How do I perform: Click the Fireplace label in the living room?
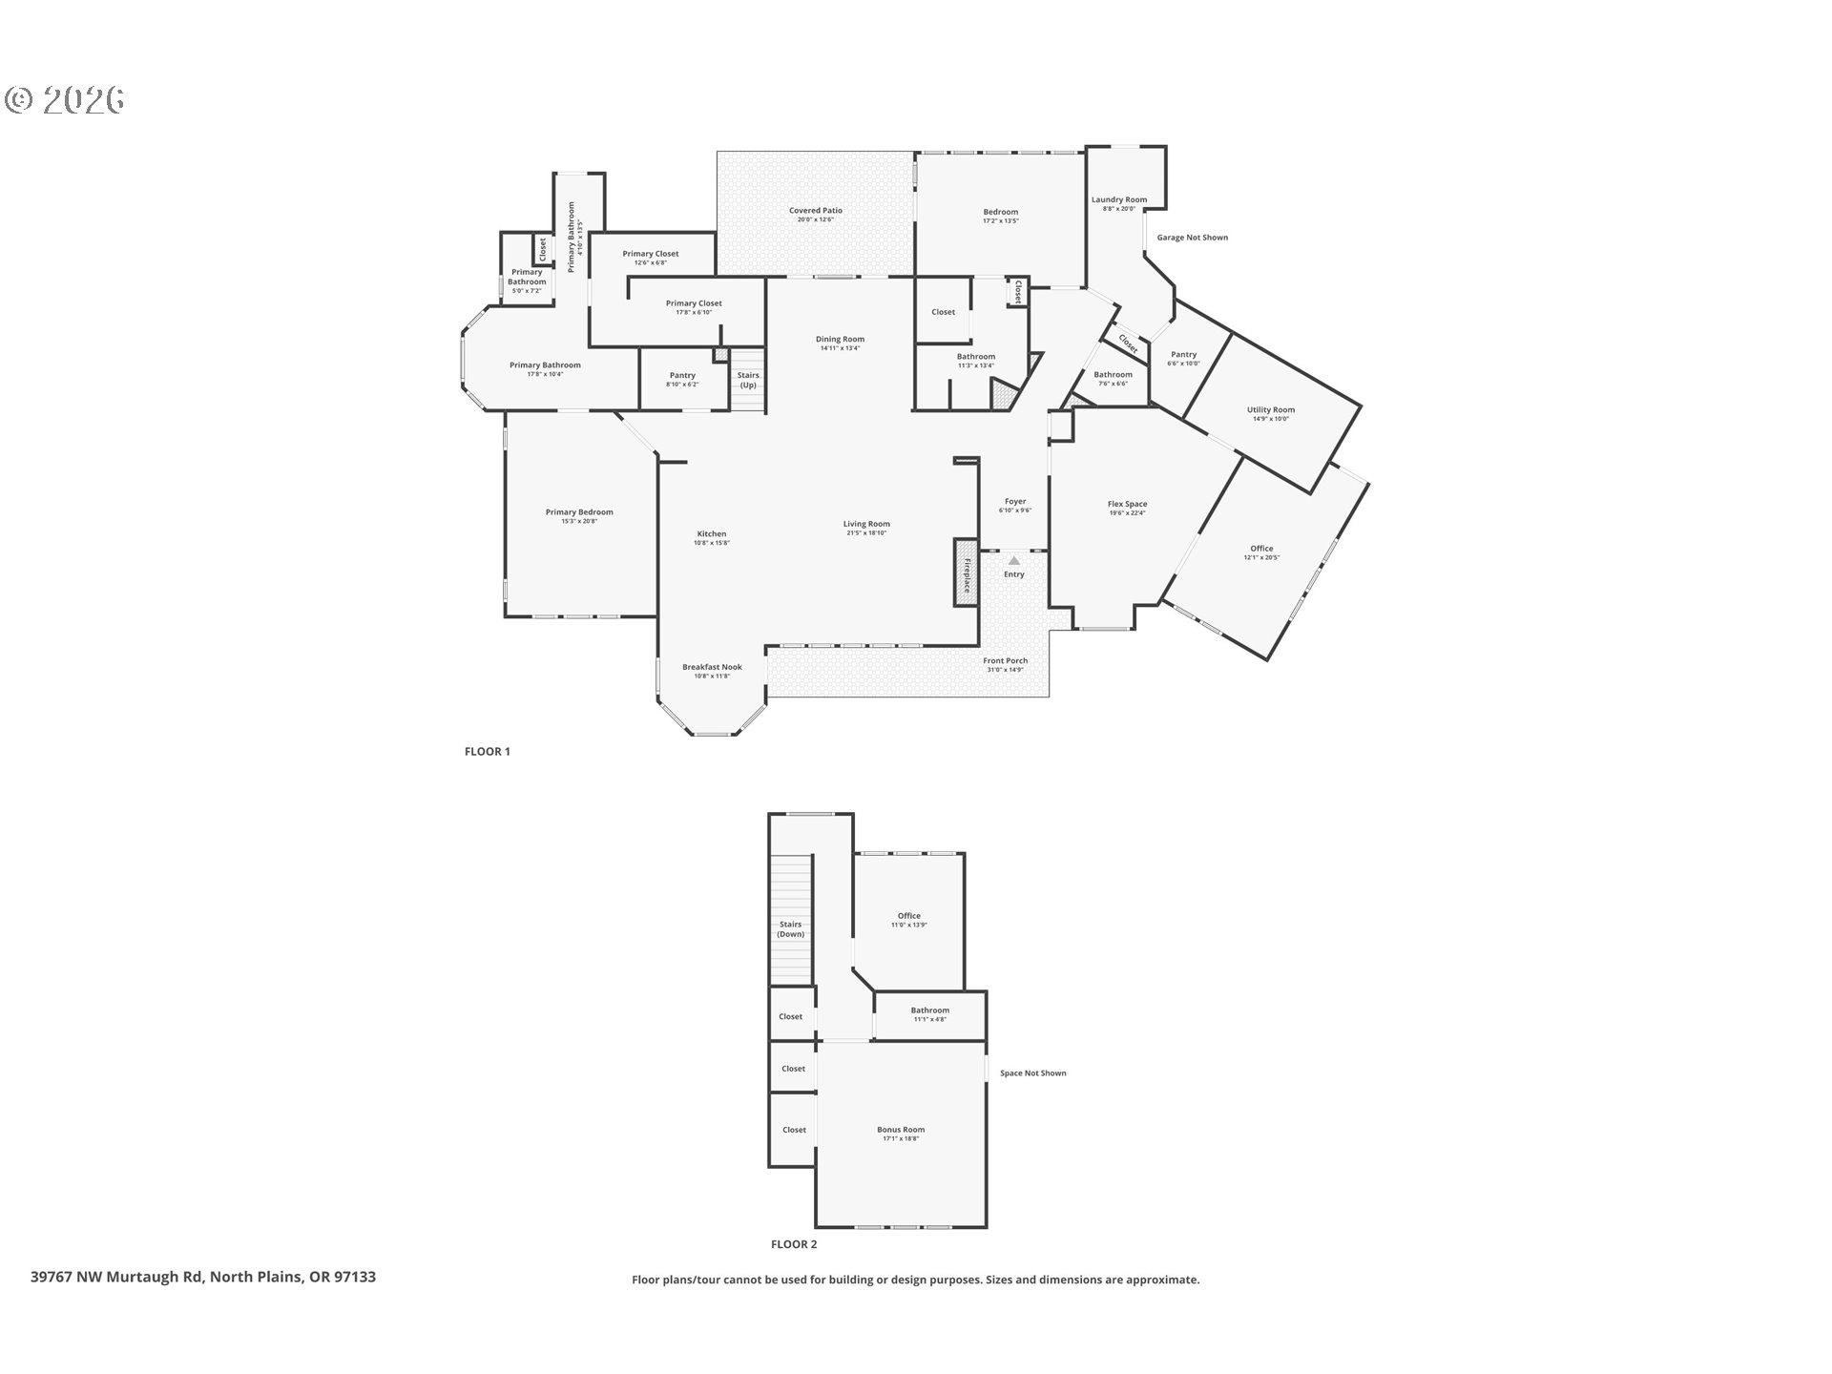coord(967,573)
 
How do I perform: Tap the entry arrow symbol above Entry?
coord(1013,561)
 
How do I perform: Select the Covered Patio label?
coord(815,211)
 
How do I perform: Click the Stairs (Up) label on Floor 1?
coord(748,380)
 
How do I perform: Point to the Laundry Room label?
coord(1118,199)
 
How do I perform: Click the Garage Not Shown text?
coord(1192,238)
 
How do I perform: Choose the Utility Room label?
coord(1270,410)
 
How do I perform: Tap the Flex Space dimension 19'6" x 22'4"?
coord(1127,513)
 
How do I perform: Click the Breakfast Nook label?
coord(712,667)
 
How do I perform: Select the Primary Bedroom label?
coord(579,512)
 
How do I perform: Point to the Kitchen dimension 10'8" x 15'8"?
coord(712,543)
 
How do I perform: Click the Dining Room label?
coord(840,339)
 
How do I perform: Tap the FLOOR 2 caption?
coord(794,1244)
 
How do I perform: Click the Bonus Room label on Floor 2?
coord(901,1130)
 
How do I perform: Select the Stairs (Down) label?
coord(790,929)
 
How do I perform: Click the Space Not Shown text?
coord(1032,1073)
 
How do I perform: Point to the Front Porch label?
coord(1005,660)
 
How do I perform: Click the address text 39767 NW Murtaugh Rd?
coord(117,1277)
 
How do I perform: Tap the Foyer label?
coord(1014,501)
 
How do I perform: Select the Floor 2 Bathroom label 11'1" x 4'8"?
coord(929,1019)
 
